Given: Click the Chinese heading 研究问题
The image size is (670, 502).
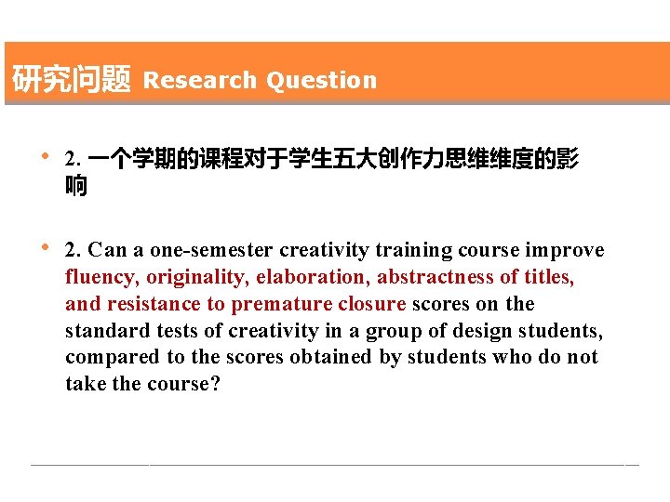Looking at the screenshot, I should point(71,80).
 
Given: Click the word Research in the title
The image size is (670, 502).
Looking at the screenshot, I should point(199,80).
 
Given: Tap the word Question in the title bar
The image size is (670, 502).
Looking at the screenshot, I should point(321,80).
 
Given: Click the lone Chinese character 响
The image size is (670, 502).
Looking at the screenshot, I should point(76,186).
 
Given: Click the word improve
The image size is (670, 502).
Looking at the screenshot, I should point(565,250).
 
